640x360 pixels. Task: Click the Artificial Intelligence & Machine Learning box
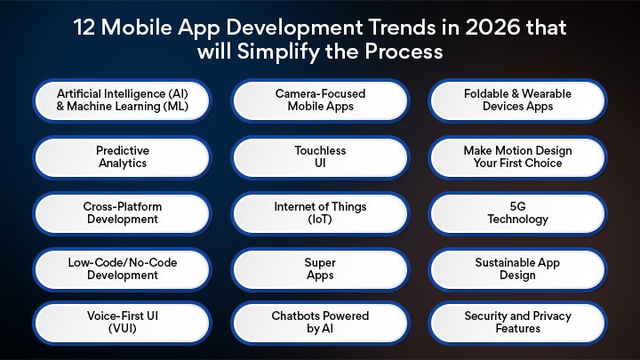(x=122, y=100)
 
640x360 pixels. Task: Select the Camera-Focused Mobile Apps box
(x=320, y=100)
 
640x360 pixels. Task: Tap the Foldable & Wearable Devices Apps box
(x=517, y=100)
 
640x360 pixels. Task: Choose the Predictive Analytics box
(x=122, y=157)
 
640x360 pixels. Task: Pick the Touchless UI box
(x=320, y=157)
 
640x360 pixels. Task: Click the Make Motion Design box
(x=517, y=157)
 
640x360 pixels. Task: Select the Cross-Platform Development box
(x=122, y=212)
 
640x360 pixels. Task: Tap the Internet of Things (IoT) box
(x=320, y=212)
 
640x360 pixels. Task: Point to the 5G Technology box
(x=517, y=212)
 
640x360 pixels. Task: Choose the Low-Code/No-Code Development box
(x=122, y=268)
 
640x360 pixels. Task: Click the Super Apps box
(x=320, y=268)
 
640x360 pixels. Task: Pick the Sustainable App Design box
(x=517, y=268)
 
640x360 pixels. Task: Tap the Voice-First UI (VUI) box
(x=122, y=322)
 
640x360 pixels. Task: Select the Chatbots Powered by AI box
(x=320, y=322)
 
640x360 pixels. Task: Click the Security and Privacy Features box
(x=517, y=322)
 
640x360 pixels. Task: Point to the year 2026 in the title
(x=499, y=28)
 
